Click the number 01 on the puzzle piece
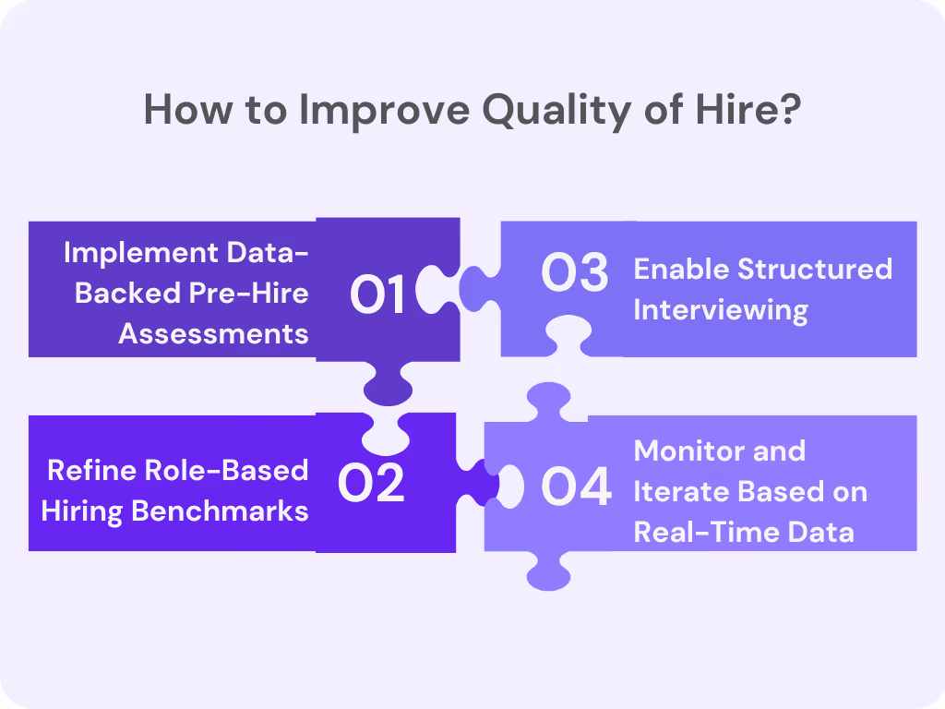coord(378,294)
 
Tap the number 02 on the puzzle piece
coord(371,484)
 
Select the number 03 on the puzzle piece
coord(575,273)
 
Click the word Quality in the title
coord(541,112)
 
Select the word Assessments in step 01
coord(213,332)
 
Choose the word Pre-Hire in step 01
coord(249,293)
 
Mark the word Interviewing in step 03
coord(720,309)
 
